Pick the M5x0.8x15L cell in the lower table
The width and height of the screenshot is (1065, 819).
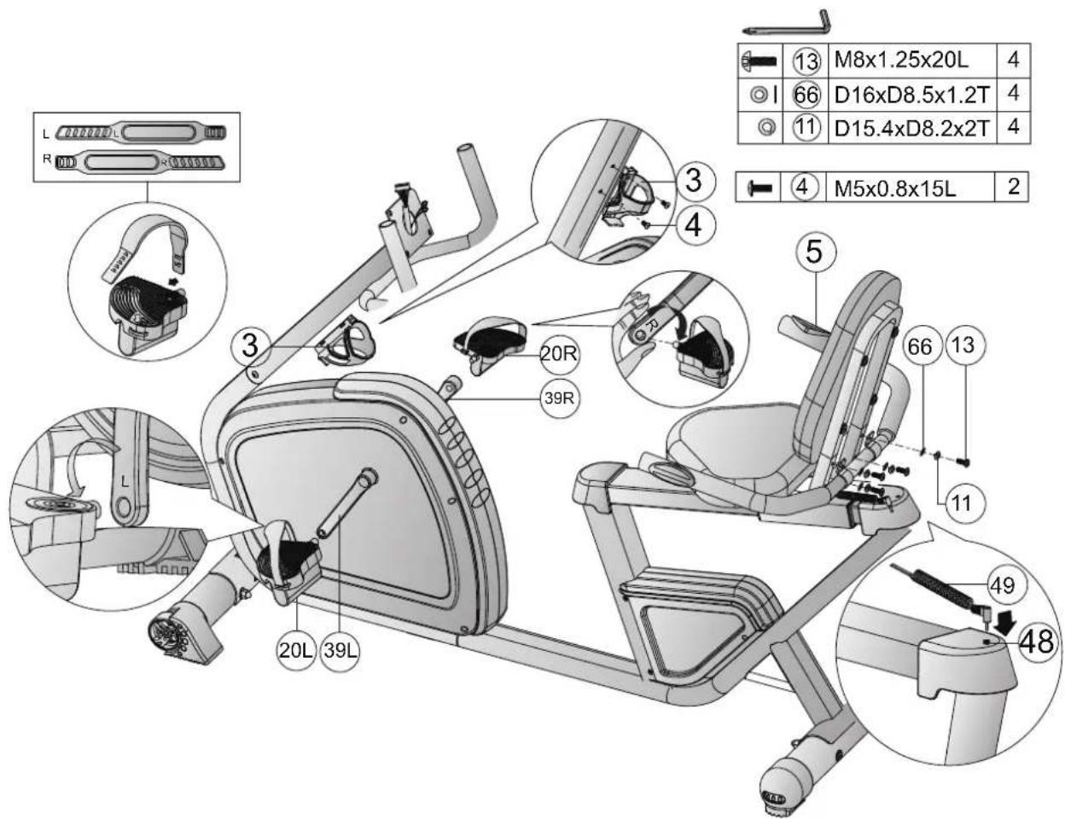point(894,188)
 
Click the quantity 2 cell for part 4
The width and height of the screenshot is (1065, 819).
point(1013,187)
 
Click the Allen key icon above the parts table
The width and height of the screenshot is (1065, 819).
point(787,20)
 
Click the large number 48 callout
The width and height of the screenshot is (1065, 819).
point(1035,642)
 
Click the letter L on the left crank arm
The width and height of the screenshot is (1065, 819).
point(125,481)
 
